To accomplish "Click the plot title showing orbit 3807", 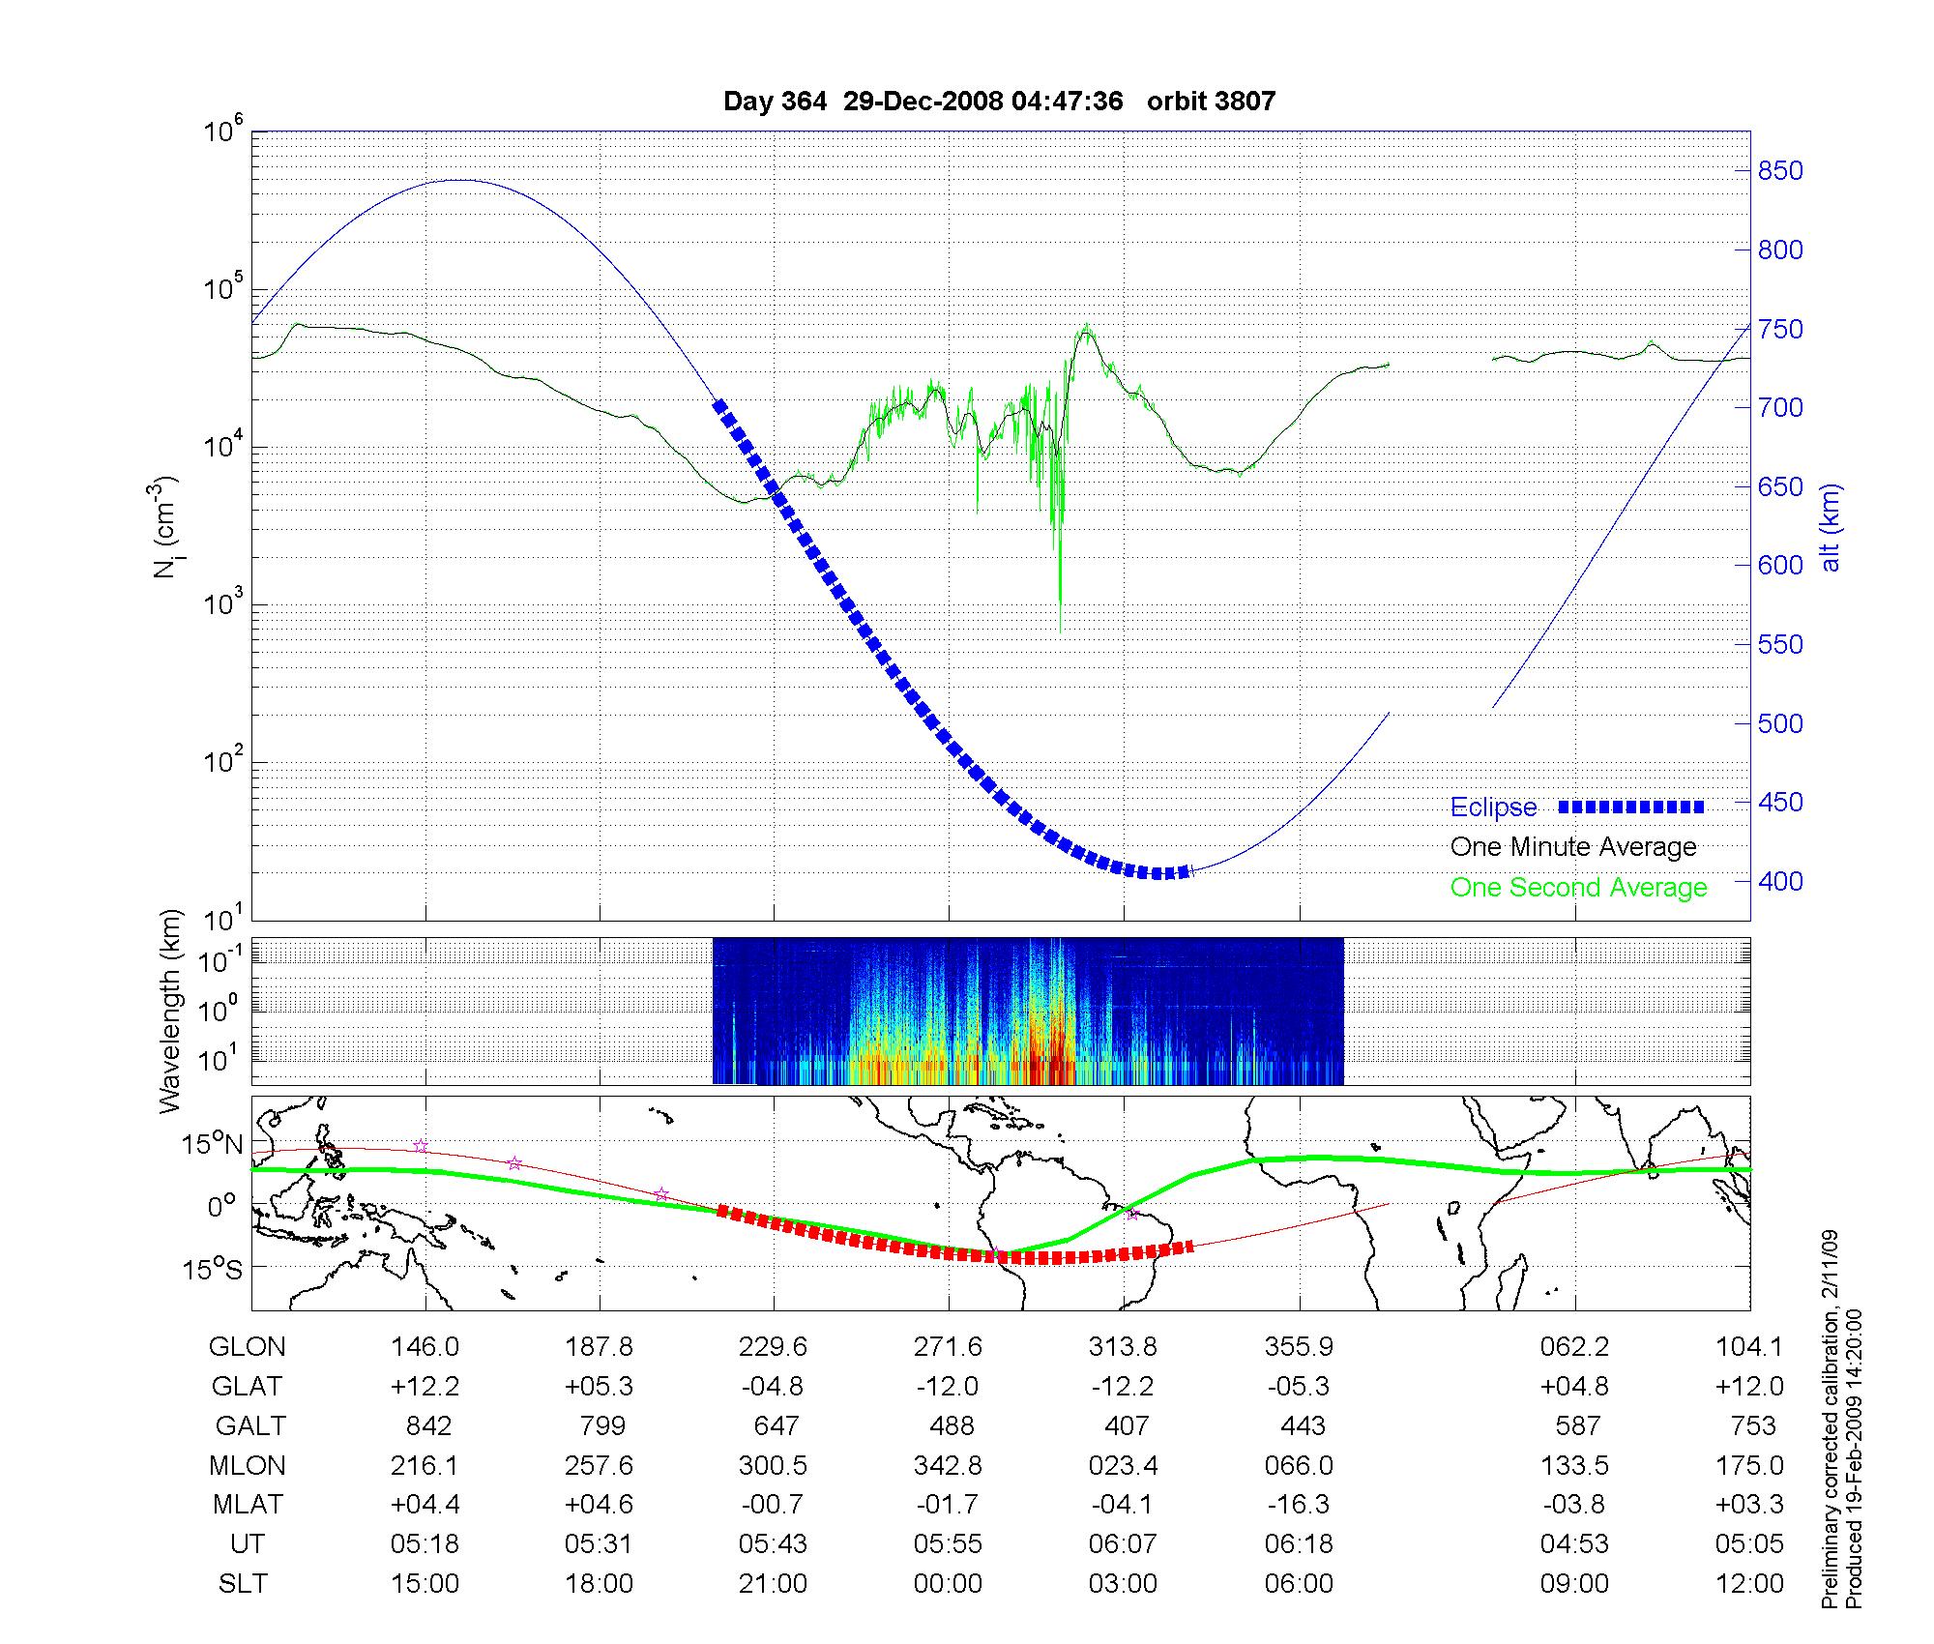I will (999, 102).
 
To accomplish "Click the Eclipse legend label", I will (1493, 807).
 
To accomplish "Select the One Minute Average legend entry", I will (1573, 847).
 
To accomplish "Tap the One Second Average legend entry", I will (1578, 888).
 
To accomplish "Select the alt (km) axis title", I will (1831, 527).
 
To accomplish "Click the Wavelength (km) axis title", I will (170, 1011).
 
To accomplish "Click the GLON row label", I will (248, 1347).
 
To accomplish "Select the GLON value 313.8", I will (1123, 1347).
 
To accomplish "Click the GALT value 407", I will (1127, 1426).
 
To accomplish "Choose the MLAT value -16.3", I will (1299, 1505).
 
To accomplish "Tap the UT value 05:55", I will (948, 1544).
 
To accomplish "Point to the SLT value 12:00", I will (1749, 1584).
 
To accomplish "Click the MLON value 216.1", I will (425, 1466).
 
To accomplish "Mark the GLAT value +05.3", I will (600, 1387).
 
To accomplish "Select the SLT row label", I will (243, 1584).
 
